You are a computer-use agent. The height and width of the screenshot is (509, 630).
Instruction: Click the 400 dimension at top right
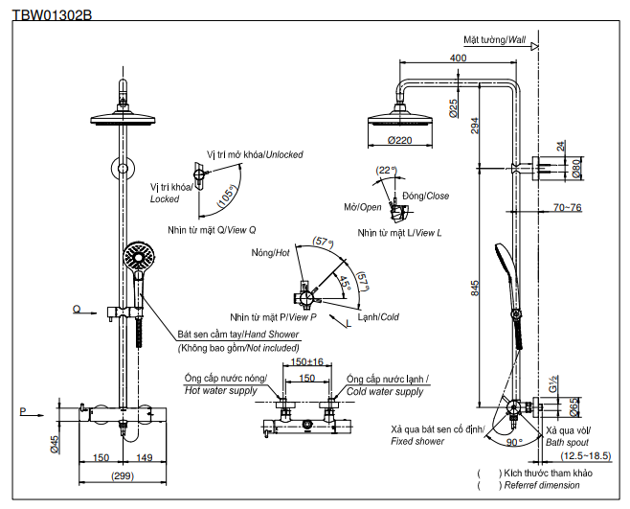click(x=458, y=58)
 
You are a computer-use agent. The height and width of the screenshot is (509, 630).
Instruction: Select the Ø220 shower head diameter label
click(x=399, y=140)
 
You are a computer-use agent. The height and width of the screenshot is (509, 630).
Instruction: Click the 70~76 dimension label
click(x=567, y=208)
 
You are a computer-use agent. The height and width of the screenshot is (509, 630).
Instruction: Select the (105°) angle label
click(x=227, y=196)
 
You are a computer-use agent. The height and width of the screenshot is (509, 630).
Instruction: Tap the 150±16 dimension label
click(x=306, y=362)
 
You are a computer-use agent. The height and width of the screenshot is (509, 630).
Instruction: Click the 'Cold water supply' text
click(x=384, y=391)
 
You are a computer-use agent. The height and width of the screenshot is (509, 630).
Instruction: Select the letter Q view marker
click(x=75, y=309)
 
